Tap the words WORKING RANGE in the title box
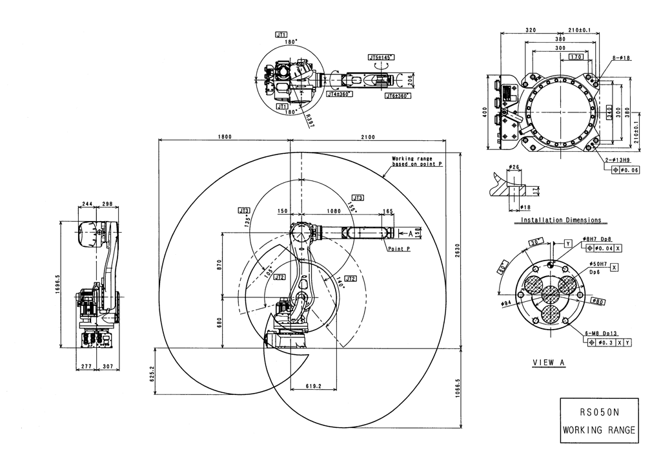click(598, 430)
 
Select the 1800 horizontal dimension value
click(225, 136)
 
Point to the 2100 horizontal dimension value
click(368, 136)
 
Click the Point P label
click(400, 248)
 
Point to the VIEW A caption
click(549, 363)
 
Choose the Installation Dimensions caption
click(561, 220)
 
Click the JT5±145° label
click(380, 58)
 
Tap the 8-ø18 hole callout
click(621, 58)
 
